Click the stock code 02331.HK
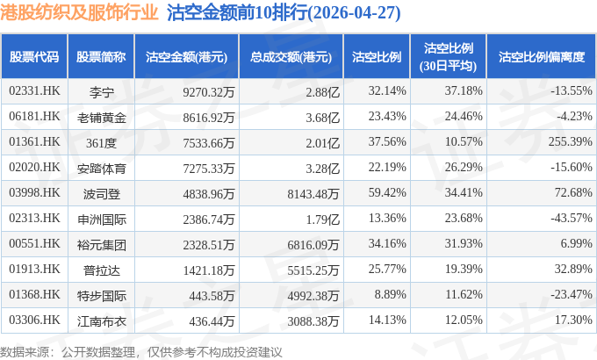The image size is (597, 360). [33, 90]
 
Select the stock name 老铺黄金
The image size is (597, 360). [101, 116]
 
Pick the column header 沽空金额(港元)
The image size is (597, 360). [187, 56]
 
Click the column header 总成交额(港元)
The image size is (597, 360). [291, 56]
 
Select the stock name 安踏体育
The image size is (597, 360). [101, 167]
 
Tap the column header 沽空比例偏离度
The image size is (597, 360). [541, 56]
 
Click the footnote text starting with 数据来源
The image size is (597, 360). [141, 351]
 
